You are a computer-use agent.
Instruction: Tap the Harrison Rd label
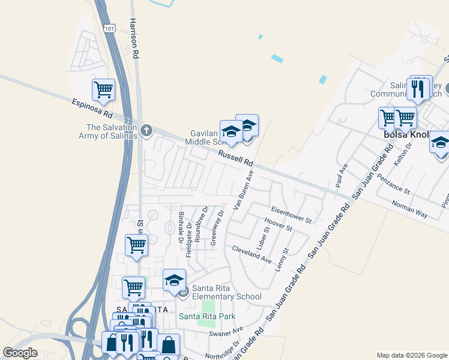click(x=135, y=37)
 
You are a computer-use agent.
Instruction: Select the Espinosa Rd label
click(x=92, y=108)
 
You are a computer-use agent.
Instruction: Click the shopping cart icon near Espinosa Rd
click(x=103, y=90)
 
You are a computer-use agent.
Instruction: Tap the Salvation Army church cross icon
click(x=146, y=130)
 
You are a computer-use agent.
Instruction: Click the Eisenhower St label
click(x=291, y=214)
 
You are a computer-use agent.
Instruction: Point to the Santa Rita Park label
click(x=206, y=316)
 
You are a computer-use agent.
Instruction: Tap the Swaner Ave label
click(x=226, y=332)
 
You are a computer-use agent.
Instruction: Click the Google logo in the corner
click(x=20, y=353)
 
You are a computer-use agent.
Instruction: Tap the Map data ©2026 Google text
click(x=411, y=355)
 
